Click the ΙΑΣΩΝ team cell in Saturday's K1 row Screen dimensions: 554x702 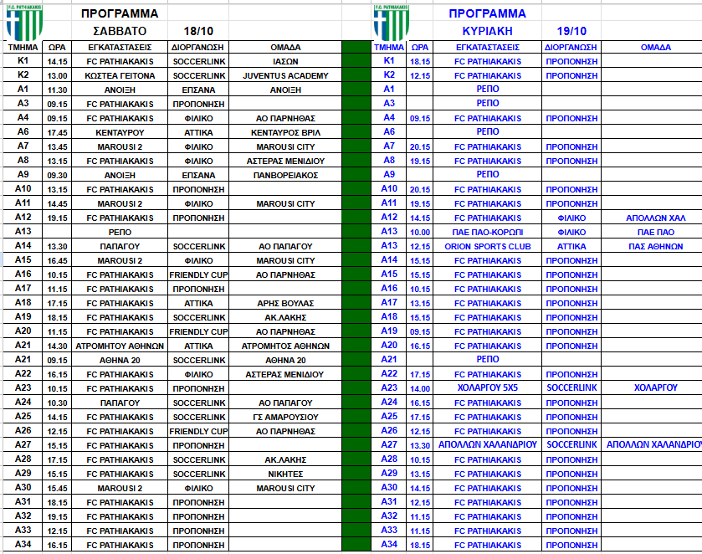[x=285, y=61]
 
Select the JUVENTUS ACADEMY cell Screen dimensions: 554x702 [x=285, y=75]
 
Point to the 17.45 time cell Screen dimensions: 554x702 [x=58, y=132]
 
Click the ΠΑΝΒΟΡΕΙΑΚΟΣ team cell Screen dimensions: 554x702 [x=285, y=175]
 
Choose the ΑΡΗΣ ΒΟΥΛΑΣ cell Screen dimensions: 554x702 [x=285, y=303]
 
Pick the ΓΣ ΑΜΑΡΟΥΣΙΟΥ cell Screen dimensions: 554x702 [x=285, y=417]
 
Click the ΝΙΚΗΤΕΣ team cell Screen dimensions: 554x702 [x=285, y=474]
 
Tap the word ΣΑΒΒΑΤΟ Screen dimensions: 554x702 [x=120, y=29]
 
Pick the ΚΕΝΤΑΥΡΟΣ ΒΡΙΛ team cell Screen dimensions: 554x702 [x=285, y=132]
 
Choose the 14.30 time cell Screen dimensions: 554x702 [x=58, y=346]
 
